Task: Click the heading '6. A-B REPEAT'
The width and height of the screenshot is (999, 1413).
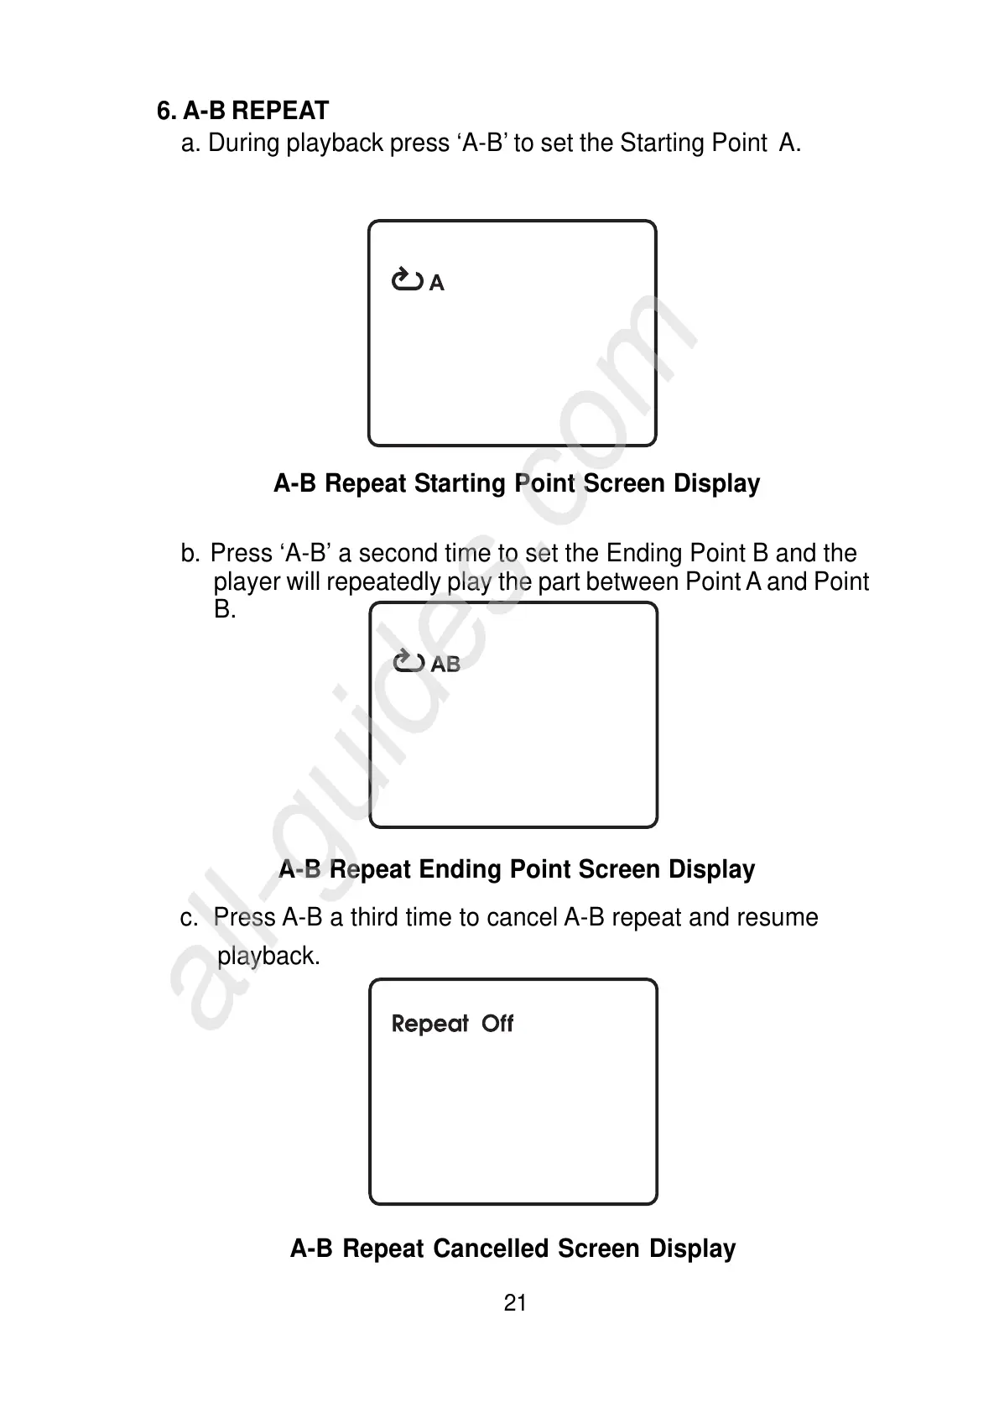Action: [x=242, y=111]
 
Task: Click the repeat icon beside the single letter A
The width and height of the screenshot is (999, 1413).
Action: [x=407, y=279]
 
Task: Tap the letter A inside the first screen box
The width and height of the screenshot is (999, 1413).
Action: [x=436, y=284]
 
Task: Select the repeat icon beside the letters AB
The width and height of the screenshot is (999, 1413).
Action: [x=408, y=662]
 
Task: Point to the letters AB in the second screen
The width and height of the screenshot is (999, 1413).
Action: [x=445, y=665]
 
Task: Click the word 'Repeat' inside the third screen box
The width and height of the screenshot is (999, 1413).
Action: [x=429, y=1024]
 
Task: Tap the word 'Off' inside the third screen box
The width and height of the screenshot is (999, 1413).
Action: [x=497, y=1024]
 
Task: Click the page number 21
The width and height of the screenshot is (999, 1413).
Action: [x=515, y=1303]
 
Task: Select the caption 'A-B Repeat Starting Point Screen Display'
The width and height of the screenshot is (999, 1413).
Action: [x=517, y=483]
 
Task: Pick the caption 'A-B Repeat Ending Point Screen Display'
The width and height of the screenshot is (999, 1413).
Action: [x=517, y=869]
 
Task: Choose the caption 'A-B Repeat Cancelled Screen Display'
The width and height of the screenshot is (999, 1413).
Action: [x=513, y=1249]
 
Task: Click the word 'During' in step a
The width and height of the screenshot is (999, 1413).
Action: [x=243, y=143]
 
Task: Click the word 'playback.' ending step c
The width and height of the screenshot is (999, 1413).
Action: [x=268, y=956]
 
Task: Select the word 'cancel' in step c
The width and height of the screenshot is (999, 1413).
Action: [x=522, y=917]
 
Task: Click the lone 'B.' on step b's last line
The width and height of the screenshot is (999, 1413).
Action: [x=225, y=609]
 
